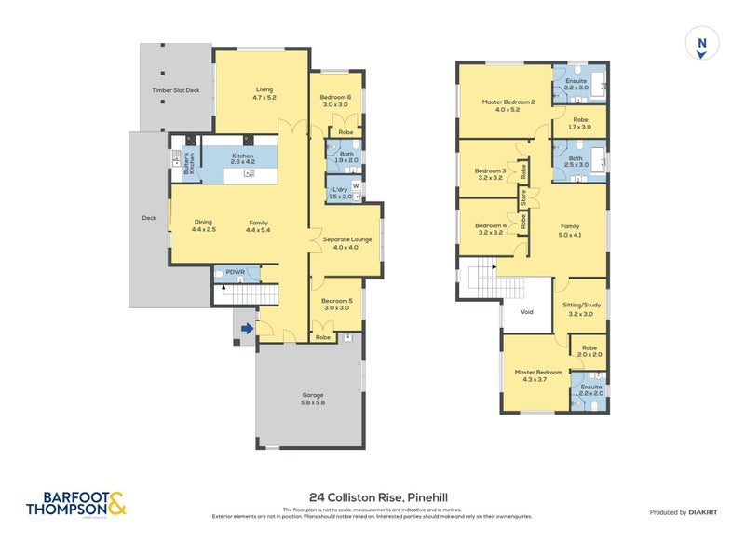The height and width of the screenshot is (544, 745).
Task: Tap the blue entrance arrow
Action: [x=245, y=328]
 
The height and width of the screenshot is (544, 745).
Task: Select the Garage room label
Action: [x=312, y=399]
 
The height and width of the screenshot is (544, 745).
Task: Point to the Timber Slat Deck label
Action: [x=176, y=90]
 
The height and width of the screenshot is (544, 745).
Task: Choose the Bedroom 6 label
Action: [x=335, y=101]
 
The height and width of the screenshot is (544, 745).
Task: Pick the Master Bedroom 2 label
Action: [x=508, y=105]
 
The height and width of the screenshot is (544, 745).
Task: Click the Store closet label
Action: [x=524, y=197]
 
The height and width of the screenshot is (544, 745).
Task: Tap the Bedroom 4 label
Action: [x=490, y=230]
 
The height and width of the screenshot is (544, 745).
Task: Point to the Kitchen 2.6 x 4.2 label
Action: [x=242, y=159]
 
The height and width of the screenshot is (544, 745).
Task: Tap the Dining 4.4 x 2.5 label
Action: [x=204, y=226]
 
